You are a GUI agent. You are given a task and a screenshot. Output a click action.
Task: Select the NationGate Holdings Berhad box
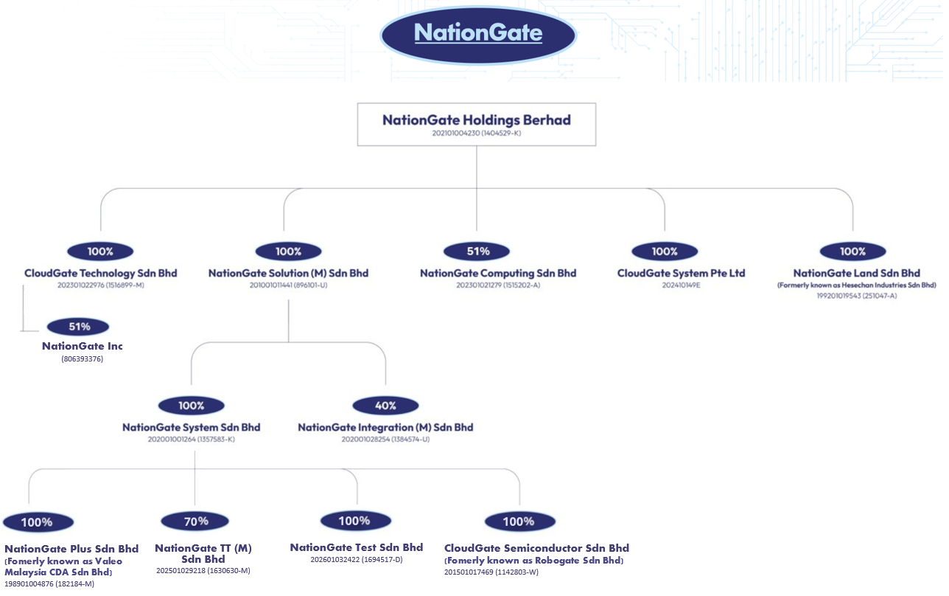pos(477,125)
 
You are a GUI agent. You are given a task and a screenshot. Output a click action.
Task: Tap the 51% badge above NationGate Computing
pos(477,252)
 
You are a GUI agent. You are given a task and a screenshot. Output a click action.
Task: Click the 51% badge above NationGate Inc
pos(78,327)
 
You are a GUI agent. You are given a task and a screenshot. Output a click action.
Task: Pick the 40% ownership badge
pos(385,406)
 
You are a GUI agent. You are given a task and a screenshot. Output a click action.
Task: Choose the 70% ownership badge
pos(195,521)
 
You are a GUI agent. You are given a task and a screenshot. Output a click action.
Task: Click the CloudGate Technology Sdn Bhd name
pos(101,273)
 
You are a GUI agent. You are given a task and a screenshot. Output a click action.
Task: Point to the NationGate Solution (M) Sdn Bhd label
pos(289,273)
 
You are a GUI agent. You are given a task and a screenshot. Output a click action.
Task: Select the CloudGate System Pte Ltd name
pos(682,273)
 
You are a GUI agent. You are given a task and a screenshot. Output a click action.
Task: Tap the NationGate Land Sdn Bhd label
pos(857,273)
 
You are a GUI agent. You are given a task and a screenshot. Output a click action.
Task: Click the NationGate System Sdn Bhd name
pos(192,427)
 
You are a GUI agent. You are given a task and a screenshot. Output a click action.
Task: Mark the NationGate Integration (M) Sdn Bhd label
pos(385,427)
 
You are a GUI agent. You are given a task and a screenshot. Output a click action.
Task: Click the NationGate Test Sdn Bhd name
pos(357,547)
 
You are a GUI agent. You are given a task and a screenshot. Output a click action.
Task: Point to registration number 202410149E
pos(682,285)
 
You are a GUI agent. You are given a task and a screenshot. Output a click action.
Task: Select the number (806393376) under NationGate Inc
pos(83,359)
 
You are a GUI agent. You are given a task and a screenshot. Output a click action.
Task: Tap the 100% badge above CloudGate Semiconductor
pos(520,521)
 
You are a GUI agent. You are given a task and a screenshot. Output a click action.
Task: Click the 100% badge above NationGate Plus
pos(38,522)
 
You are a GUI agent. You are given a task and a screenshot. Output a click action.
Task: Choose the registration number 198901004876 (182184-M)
pos(49,584)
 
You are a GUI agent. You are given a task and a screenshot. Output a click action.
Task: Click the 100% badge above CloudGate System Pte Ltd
pos(665,252)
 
